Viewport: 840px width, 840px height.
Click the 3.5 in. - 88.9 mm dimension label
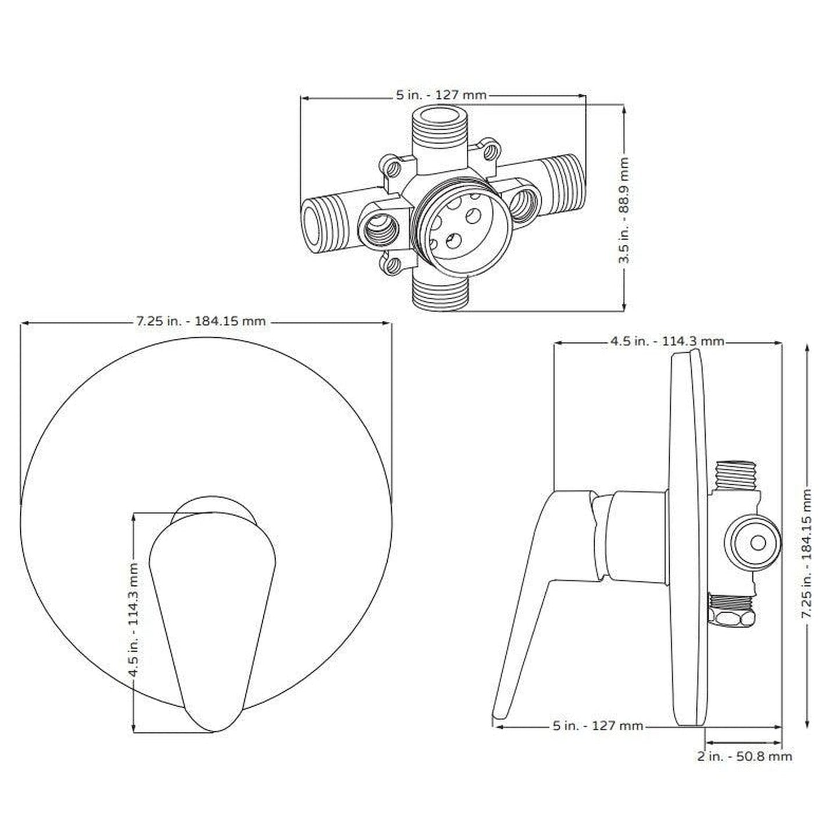point(624,210)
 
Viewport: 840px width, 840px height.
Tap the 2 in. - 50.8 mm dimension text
point(744,756)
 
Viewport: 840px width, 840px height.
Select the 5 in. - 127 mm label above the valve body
point(441,95)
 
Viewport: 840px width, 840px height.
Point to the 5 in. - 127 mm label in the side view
point(598,725)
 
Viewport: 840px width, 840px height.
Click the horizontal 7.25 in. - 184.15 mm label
point(201,321)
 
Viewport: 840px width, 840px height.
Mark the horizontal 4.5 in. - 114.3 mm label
point(667,341)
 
